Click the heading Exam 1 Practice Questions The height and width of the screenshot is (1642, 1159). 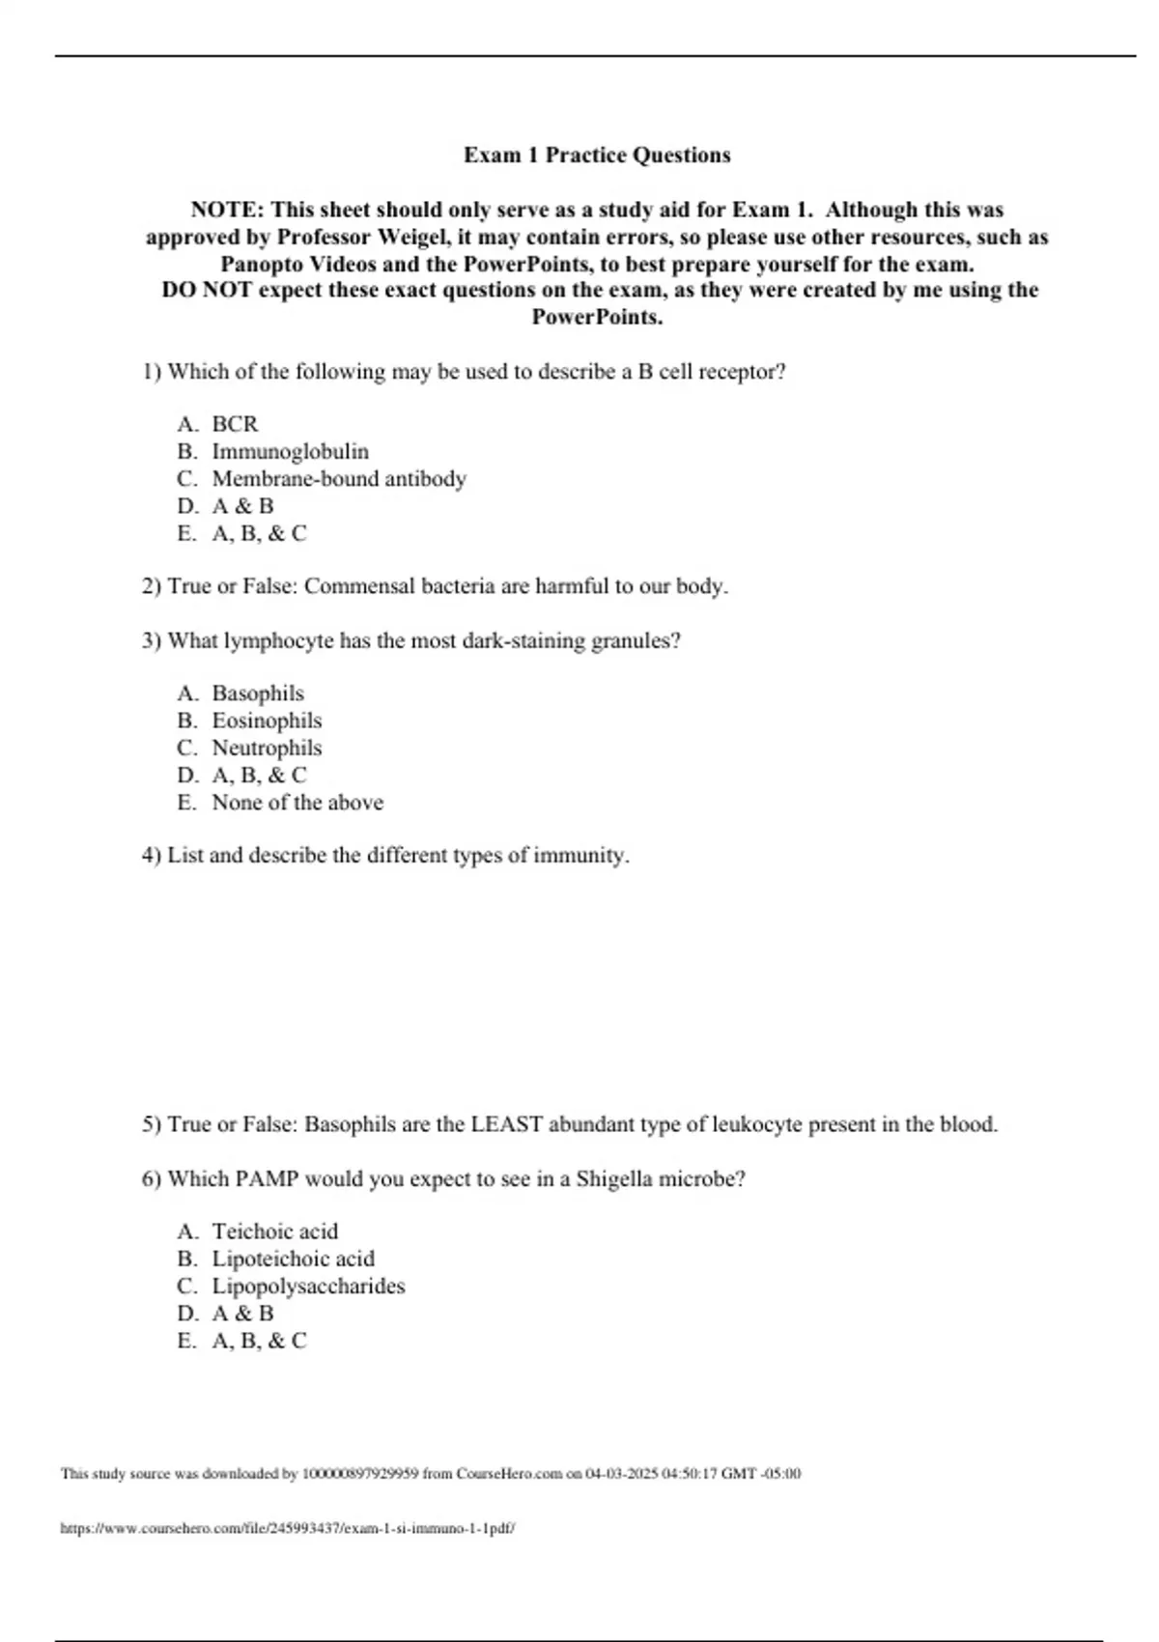[597, 156]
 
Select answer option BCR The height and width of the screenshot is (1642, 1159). [235, 424]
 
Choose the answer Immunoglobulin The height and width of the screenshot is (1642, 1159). [290, 452]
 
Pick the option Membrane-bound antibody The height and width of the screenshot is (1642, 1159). [339, 479]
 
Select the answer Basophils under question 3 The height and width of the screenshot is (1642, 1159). [258, 694]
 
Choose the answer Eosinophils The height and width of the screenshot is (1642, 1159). [267, 721]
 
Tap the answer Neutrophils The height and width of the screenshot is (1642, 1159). [267, 748]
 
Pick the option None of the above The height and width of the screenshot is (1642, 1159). [297, 803]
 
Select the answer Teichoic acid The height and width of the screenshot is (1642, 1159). [275, 1231]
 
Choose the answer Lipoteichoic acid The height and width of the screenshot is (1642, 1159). [294, 1259]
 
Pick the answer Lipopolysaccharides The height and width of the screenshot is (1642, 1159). [308, 1287]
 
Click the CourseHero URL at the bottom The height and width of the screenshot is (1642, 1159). [288, 1529]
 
